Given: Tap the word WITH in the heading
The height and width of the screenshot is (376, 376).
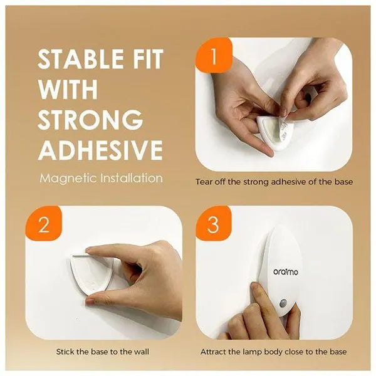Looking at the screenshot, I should [68, 89].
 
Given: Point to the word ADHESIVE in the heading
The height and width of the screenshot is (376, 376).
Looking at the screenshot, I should [100, 150].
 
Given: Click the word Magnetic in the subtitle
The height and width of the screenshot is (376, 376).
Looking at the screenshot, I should [65, 178].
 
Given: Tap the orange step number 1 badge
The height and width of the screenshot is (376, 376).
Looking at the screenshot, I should [214, 58].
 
